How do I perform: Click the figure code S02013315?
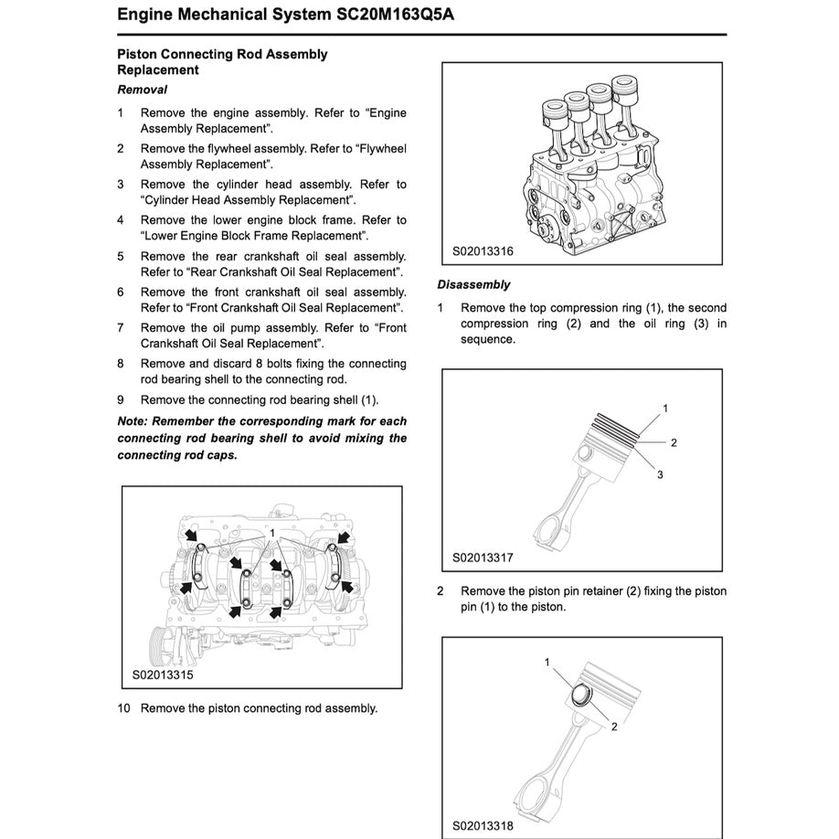(x=162, y=676)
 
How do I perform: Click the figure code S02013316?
(x=483, y=250)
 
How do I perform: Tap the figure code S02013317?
(x=483, y=558)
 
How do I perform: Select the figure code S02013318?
(x=483, y=825)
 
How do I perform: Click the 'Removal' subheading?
(x=142, y=90)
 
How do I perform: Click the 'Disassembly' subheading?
(x=473, y=284)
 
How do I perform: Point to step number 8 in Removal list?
(x=121, y=364)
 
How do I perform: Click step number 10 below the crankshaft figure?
(x=124, y=708)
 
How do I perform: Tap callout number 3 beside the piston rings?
(x=659, y=474)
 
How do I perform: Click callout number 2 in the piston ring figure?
(x=674, y=443)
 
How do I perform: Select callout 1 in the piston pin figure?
(x=547, y=662)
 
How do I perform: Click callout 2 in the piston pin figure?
(x=614, y=727)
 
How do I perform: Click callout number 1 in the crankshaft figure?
(x=271, y=532)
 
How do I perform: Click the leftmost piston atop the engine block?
(x=554, y=115)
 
